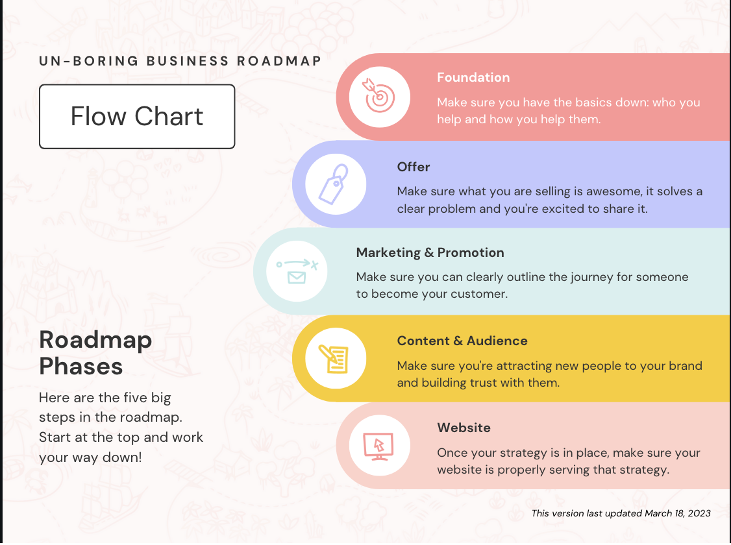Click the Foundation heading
pyautogui.click(x=473, y=77)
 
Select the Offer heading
pyautogui.click(x=414, y=167)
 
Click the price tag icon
pyautogui.click(x=334, y=184)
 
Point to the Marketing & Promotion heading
pyautogui.click(x=430, y=252)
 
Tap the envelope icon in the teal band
pyautogui.click(x=297, y=278)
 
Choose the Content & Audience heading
pyautogui.click(x=462, y=341)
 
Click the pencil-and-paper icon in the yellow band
pyautogui.click(x=334, y=359)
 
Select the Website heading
pyautogui.click(x=464, y=428)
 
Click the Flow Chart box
pyautogui.click(x=137, y=116)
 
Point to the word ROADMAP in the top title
pyautogui.click(x=279, y=61)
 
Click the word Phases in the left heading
pyautogui.click(x=81, y=366)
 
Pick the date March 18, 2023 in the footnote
pyautogui.click(x=677, y=513)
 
